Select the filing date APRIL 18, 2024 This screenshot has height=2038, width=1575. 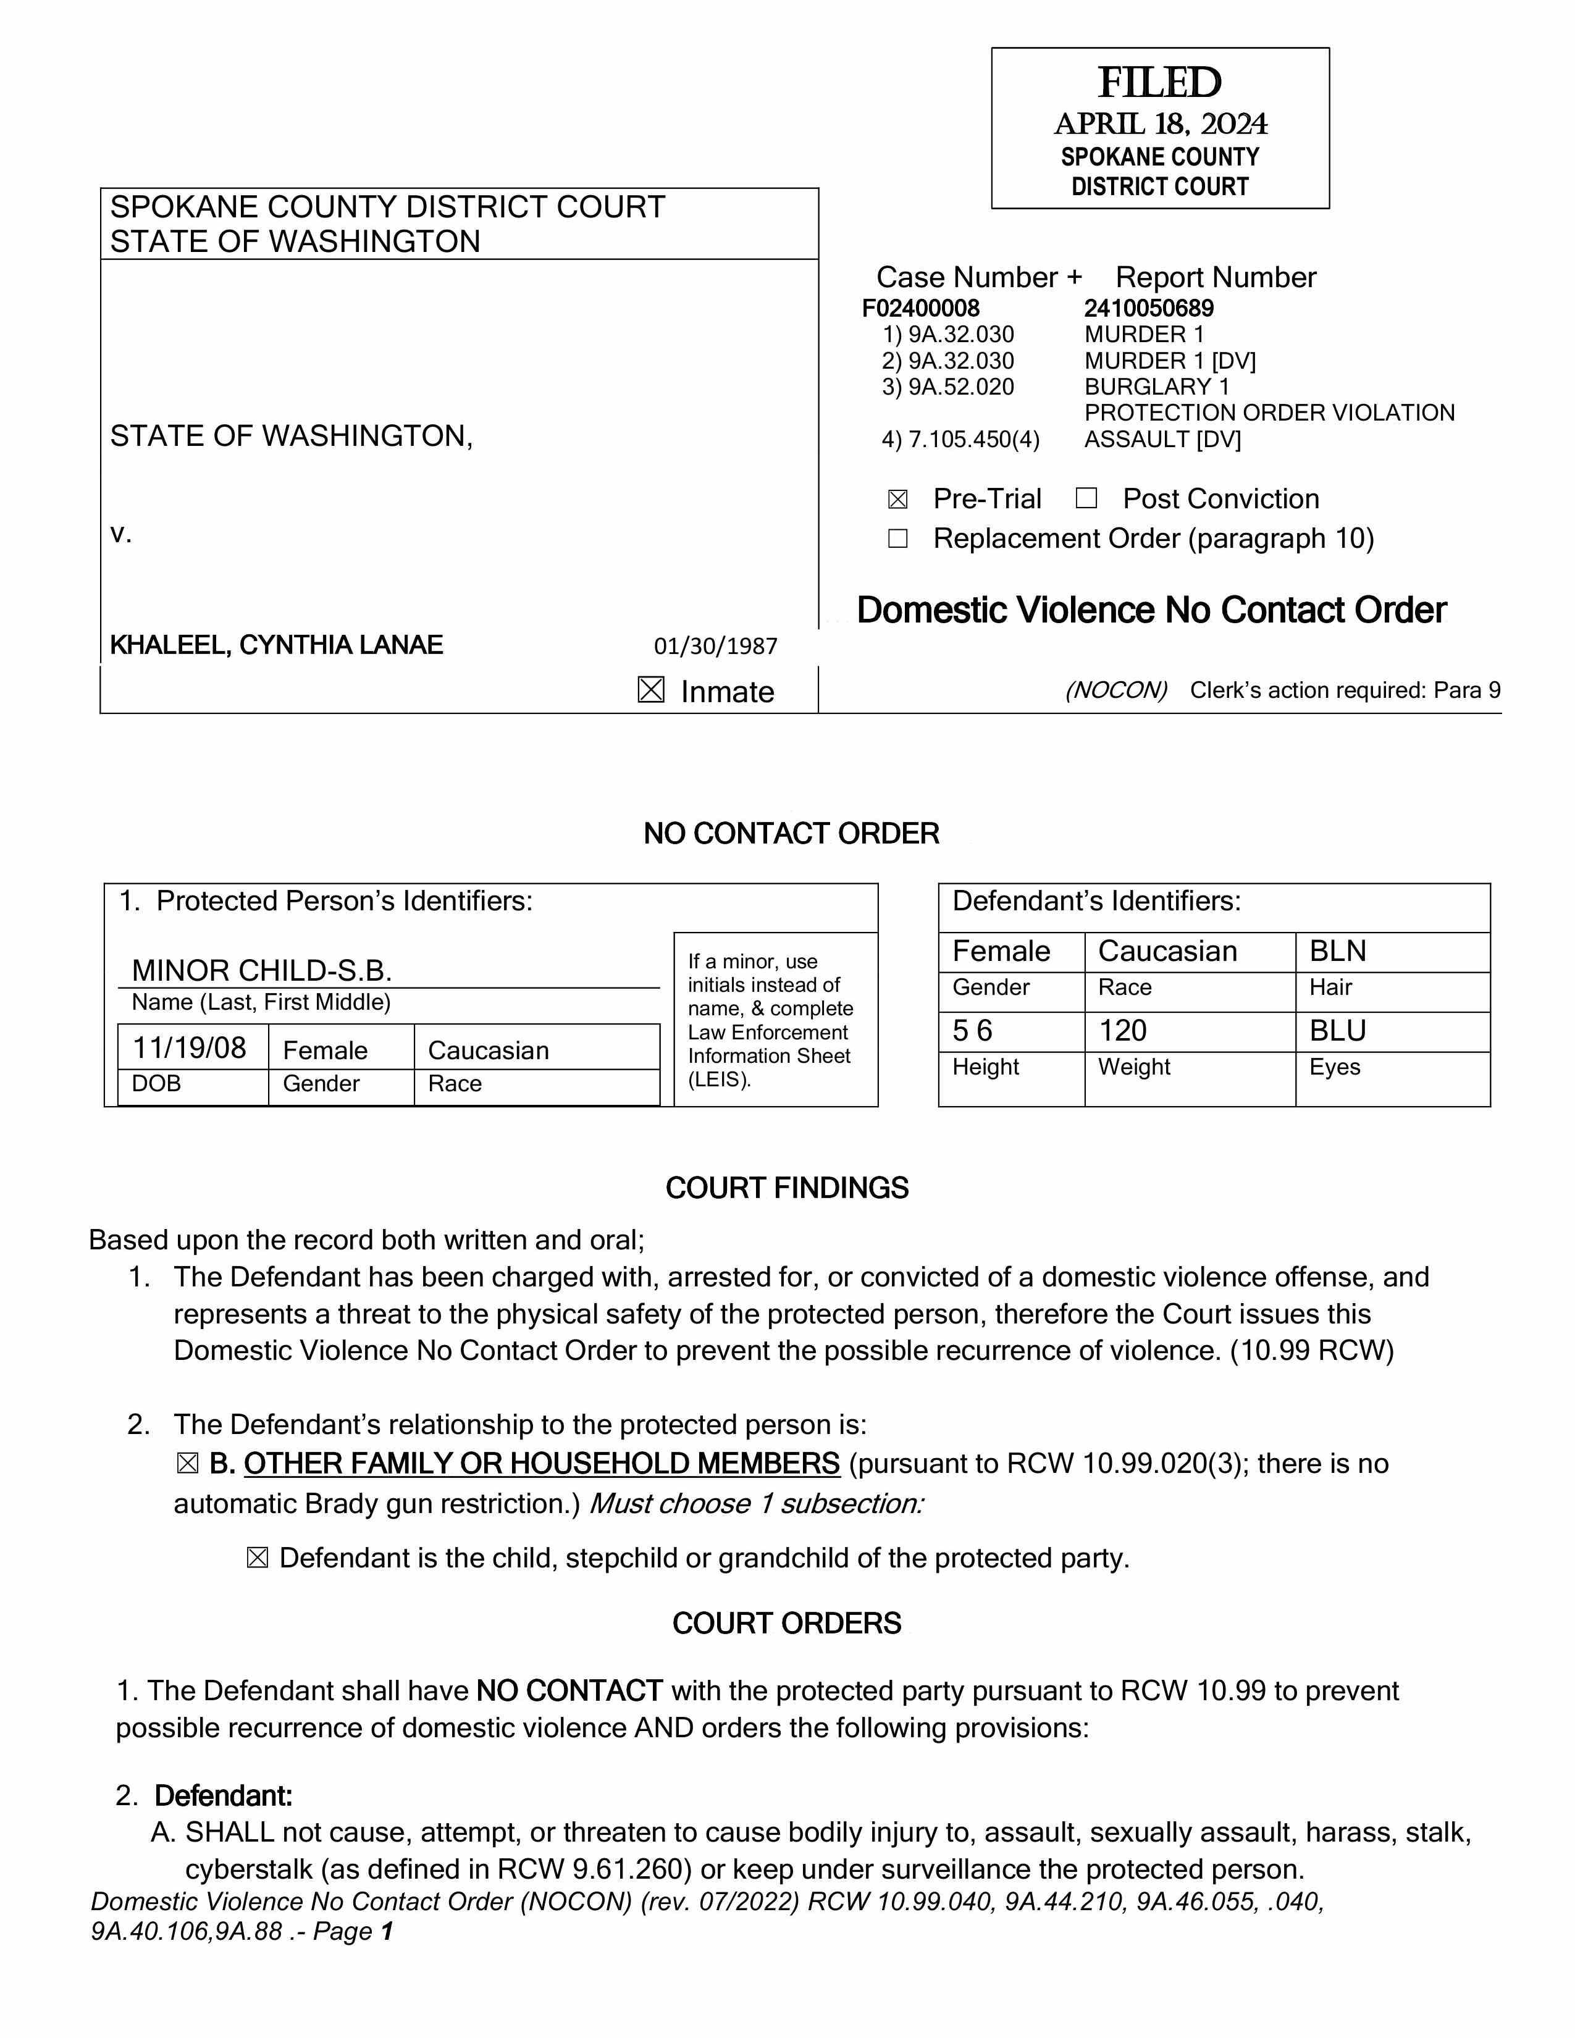pyautogui.click(x=1160, y=124)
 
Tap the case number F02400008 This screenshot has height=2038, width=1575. pyautogui.click(x=920, y=308)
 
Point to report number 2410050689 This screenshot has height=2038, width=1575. pyautogui.click(x=1149, y=308)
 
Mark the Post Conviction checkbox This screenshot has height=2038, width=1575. pyautogui.click(x=1086, y=498)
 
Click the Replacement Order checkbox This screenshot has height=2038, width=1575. pyautogui.click(x=897, y=539)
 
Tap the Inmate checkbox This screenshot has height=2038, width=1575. pyautogui.click(x=651, y=690)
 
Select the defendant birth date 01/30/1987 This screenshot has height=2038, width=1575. pyautogui.click(x=716, y=646)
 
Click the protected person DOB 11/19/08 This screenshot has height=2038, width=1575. pyautogui.click(x=190, y=1048)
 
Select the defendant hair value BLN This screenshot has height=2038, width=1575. pyautogui.click(x=1337, y=951)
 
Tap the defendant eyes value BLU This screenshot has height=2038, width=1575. pyautogui.click(x=1337, y=1030)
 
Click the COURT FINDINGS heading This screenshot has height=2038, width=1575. pyautogui.click(x=786, y=1188)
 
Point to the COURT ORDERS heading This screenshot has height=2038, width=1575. pyautogui.click(x=786, y=1623)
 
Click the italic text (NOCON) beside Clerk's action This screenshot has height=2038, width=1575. pyautogui.click(x=1116, y=690)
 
